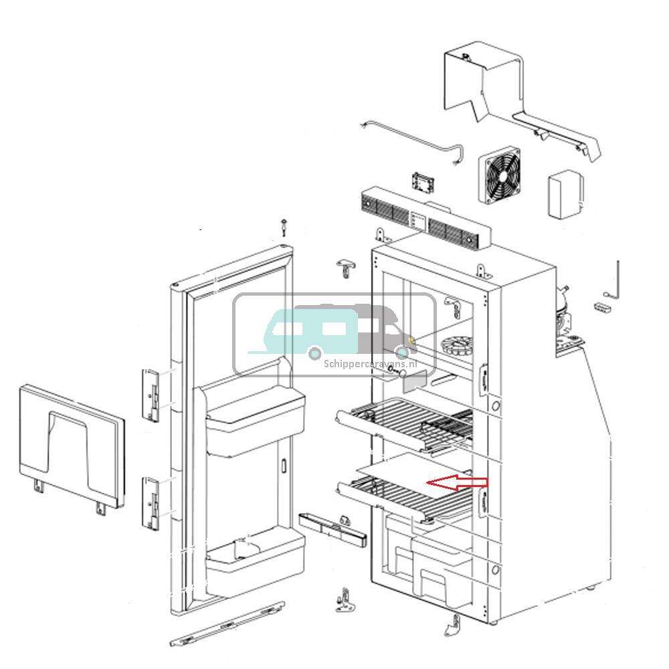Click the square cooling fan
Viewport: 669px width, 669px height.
[500, 177]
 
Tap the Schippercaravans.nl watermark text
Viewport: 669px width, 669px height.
[370, 364]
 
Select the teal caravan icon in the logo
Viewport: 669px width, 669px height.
[308, 330]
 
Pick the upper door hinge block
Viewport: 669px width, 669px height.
[153, 394]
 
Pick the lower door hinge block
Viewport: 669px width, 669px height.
[153, 502]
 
